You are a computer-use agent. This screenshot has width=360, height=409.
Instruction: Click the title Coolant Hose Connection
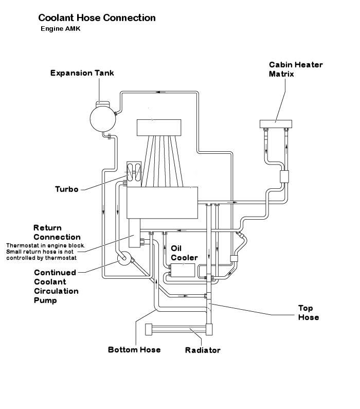tap(97, 18)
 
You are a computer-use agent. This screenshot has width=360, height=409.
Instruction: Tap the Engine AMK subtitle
tap(60, 29)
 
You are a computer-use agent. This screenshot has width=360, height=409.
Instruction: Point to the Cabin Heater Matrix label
tap(296, 69)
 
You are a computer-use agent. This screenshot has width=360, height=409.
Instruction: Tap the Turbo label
tap(66, 189)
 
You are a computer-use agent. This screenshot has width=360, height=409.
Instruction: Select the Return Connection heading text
tap(57, 232)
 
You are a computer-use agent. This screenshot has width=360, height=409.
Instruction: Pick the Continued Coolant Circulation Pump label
tap(56, 287)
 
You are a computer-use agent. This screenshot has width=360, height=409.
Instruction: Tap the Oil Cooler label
tap(181, 253)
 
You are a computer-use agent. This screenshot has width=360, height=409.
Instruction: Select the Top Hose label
tap(309, 312)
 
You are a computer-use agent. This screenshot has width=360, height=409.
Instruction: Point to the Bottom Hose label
tap(134, 350)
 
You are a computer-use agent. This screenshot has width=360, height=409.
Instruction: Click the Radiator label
tap(203, 350)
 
